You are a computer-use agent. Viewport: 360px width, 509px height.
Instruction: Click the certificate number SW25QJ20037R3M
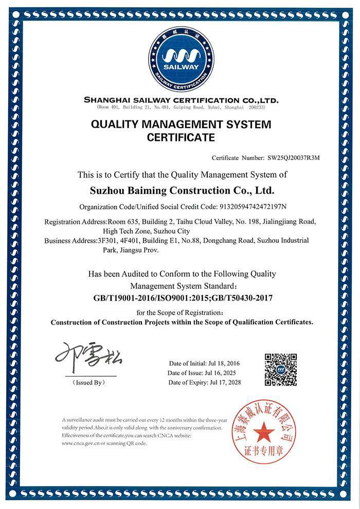[x=293, y=158]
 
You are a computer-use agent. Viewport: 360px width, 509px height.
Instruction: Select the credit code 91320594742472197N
[x=245, y=207]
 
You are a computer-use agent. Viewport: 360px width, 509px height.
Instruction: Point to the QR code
[x=281, y=369]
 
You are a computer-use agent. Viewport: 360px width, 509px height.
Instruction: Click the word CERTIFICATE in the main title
[x=181, y=137]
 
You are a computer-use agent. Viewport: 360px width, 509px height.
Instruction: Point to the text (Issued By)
[x=88, y=382]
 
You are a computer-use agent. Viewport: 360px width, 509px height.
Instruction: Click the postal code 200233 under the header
[x=256, y=108]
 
